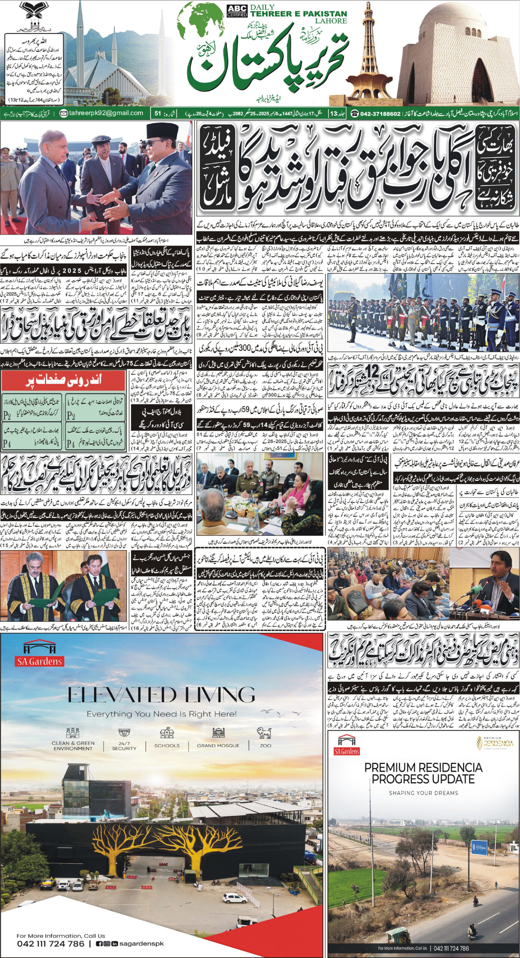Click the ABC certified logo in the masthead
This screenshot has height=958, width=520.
click(x=236, y=11)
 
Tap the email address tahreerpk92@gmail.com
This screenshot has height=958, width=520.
click(x=106, y=113)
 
